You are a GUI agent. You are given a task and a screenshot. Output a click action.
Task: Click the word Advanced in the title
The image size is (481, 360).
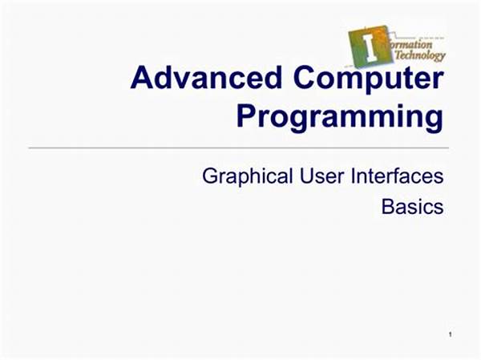206,77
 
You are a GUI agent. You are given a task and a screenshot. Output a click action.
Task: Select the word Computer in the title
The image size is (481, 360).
369,79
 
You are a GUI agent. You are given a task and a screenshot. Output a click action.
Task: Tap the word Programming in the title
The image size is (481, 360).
340,118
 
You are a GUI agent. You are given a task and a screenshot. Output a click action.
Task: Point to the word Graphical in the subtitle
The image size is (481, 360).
247,177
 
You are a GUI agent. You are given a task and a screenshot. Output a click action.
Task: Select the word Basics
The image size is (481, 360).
412,207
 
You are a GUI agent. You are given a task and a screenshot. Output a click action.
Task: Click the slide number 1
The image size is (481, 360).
450,334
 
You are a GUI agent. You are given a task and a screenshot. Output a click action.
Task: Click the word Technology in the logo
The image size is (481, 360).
420,55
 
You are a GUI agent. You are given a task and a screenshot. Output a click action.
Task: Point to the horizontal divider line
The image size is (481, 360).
239,148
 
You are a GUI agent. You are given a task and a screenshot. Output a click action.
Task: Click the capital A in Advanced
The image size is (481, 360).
142,77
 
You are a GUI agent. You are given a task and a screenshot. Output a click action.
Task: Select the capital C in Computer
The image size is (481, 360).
305,77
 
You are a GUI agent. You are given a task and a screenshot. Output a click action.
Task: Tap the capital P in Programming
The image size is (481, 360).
246,115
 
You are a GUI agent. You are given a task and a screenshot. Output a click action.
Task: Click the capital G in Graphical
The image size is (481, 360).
210,176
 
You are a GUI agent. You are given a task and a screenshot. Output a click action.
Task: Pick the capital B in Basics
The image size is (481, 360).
388,207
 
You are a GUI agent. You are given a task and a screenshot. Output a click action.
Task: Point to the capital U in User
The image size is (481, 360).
307,176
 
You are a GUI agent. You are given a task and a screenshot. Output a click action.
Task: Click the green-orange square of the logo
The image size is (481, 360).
370,46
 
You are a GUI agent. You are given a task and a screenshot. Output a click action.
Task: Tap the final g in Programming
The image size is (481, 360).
434,122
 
